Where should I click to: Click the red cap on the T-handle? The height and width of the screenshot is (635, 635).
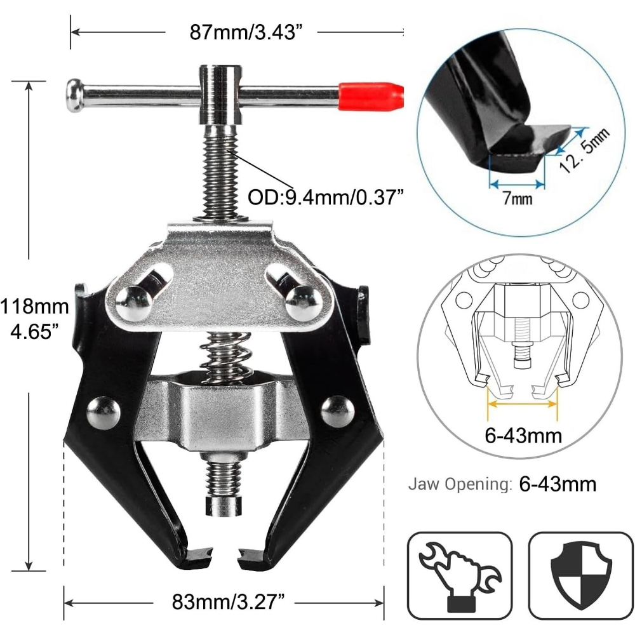[371, 96]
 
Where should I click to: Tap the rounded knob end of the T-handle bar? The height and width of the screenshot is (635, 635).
[75, 96]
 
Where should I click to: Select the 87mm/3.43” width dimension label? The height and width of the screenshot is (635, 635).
[246, 32]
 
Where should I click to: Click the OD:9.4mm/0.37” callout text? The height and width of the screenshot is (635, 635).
[326, 197]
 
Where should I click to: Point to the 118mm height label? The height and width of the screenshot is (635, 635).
[35, 306]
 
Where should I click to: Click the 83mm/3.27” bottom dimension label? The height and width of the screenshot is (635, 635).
[229, 601]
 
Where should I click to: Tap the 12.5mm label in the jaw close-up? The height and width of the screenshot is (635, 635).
[584, 149]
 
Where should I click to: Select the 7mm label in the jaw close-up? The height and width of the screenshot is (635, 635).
[517, 198]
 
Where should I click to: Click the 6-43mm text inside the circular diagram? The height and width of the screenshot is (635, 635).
[523, 436]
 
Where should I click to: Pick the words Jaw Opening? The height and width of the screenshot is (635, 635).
[460, 484]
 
